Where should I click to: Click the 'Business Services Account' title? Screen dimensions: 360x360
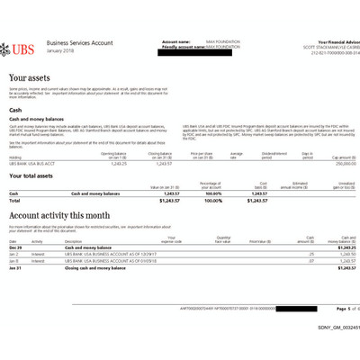tap(78, 42)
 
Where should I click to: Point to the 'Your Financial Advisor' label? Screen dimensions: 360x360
tap(325, 41)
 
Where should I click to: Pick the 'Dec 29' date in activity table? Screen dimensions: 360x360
tap(14, 247)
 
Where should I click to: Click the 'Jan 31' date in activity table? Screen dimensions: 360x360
tap(14, 267)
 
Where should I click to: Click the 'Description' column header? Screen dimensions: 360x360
tap(74, 240)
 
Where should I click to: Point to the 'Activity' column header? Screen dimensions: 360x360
tap(38, 240)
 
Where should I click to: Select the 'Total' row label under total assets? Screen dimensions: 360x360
tap(14, 200)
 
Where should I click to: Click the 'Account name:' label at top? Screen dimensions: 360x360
tap(176, 41)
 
